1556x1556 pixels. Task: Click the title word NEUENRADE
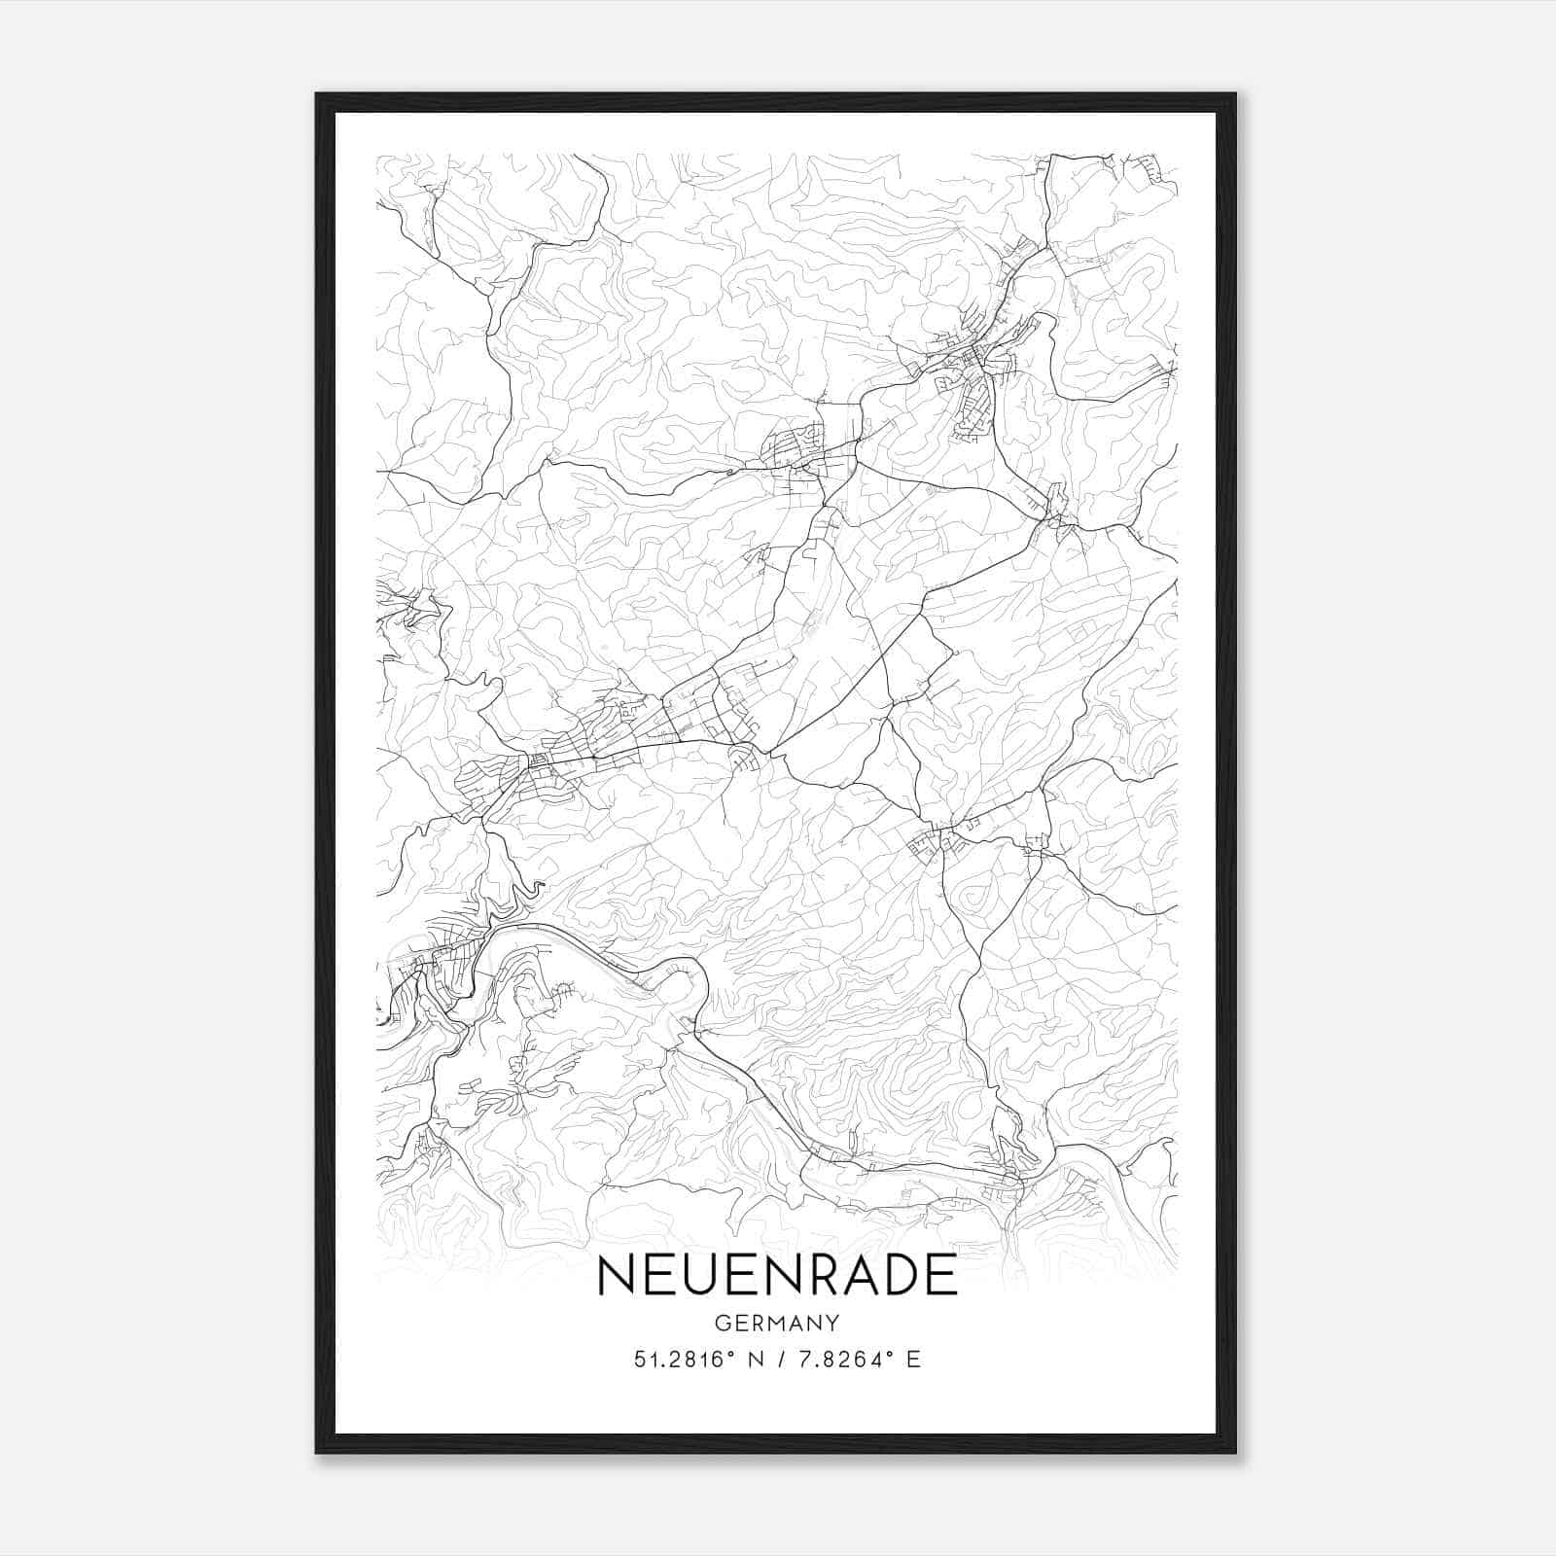(x=777, y=1276)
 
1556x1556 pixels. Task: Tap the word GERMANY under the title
(x=776, y=1323)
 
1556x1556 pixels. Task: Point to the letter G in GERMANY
(x=721, y=1323)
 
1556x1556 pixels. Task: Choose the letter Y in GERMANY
(x=833, y=1323)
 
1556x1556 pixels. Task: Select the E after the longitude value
(x=913, y=1361)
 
